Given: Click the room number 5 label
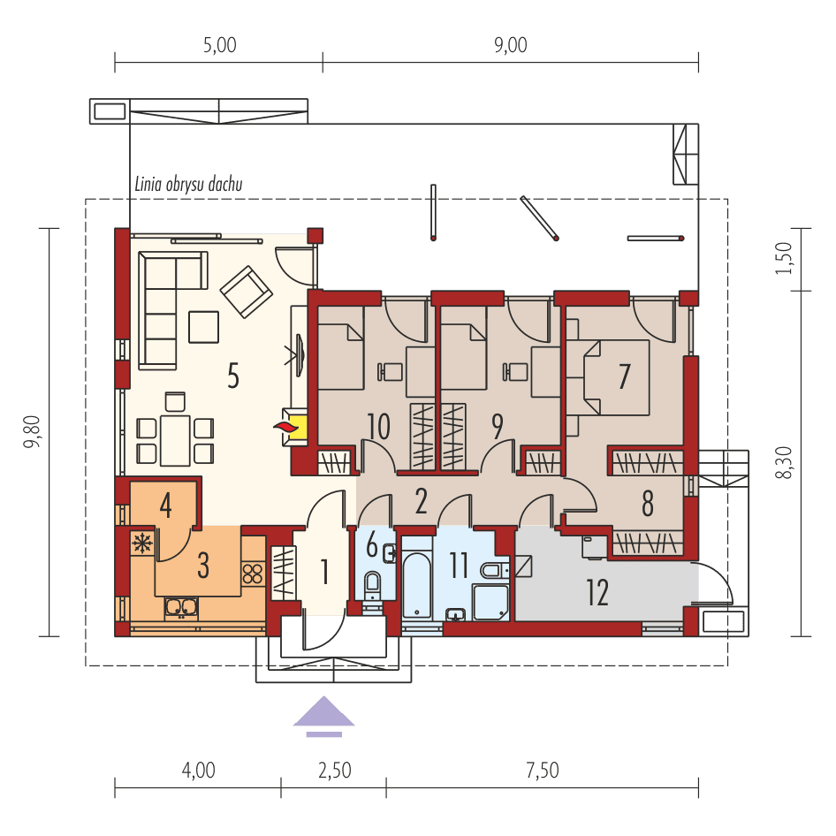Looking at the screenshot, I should [232, 376].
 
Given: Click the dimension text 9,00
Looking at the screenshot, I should [509, 46].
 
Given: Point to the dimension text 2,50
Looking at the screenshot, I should [334, 771].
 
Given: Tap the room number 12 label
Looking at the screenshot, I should [597, 592].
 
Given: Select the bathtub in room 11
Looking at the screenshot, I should [416, 584].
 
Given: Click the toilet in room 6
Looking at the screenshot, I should [372, 585].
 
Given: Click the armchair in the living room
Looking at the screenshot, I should [247, 293].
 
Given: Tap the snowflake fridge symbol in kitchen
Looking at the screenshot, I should [141, 542].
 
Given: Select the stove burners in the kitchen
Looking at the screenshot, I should [254, 574].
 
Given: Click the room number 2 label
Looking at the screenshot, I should [421, 501].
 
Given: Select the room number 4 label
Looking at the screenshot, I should [165, 506].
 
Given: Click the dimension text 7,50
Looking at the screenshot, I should [542, 771].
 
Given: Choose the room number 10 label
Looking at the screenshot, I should [378, 427].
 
